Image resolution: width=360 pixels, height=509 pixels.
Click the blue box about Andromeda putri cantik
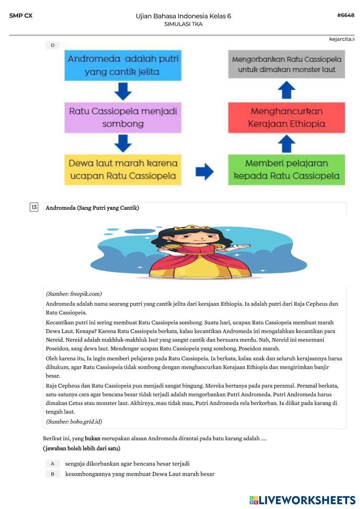[x=123, y=65]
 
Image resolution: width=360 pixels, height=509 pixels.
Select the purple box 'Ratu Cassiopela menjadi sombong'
[x=123, y=117]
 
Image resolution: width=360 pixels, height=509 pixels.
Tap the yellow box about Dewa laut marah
[x=123, y=170]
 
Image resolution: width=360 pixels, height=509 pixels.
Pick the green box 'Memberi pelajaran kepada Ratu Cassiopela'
[x=286, y=170]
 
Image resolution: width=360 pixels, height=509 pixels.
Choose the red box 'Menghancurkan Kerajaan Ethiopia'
[x=286, y=117]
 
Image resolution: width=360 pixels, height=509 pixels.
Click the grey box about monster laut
[x=286, y=64]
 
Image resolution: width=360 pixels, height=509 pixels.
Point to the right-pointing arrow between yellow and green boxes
[x=204, y=171]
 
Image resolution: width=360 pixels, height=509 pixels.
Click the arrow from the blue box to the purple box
[x=123, y=91]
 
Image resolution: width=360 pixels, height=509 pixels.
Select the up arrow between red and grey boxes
[x=287, y=90]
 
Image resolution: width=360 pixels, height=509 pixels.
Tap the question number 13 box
[x=34, y=207]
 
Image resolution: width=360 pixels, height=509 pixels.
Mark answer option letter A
[x=53, y=464]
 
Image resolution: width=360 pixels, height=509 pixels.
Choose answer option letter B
[x=53, y=474]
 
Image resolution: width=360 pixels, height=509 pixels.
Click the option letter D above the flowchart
[x=53, y=45]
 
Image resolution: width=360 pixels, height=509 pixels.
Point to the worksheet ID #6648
[x=346, y=15]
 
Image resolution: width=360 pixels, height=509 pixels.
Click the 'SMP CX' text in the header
[x=21, y=15]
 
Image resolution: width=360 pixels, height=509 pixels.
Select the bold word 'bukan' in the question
[x=93, y=438]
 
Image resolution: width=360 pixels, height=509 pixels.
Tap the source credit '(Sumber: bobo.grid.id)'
[x=74, y=422]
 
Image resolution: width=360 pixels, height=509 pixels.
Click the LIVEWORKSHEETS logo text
[x=307, y=500]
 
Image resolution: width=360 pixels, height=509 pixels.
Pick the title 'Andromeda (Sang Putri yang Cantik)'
[x=92, y=208]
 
